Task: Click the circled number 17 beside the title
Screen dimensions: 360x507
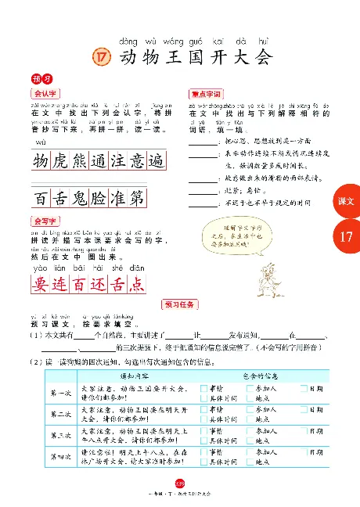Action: pyautogui.click(x=99, y=57)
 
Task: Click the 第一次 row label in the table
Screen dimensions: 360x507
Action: pyautogui.click(x=59, y=393)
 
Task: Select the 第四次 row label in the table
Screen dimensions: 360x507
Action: pyautogui.click(x=59, y=456)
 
